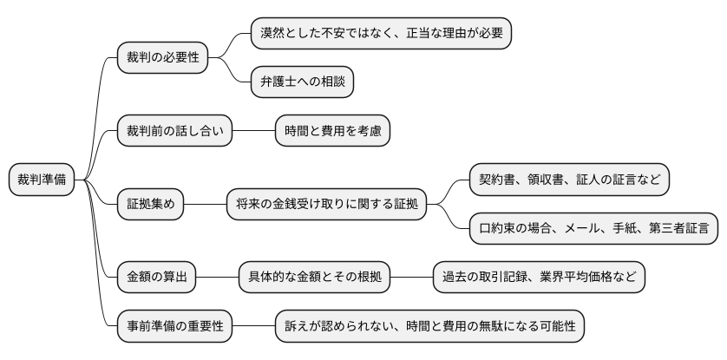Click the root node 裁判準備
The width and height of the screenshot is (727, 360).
click(41, 180)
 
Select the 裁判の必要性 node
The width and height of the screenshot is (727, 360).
click(163, 57)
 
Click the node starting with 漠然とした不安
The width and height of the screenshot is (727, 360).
click(380, 33)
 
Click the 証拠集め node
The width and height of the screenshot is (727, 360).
click(151, 205)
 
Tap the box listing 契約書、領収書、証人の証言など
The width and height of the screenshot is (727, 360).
click(569, 180)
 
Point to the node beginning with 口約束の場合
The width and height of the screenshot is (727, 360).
click(593, 229)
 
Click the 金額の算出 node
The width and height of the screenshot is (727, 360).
click(157, 278)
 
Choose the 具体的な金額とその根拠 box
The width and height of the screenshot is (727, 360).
click(314, 278)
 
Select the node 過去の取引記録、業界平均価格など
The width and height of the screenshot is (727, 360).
click(539, 278)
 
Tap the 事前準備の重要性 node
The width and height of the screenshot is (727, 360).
click(175, 327)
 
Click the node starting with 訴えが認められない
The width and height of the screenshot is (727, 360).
click(430, 327)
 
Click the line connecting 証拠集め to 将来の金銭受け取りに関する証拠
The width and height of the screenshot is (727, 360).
click(205, 205)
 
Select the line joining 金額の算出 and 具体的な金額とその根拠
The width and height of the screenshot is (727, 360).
click(217, 278)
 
